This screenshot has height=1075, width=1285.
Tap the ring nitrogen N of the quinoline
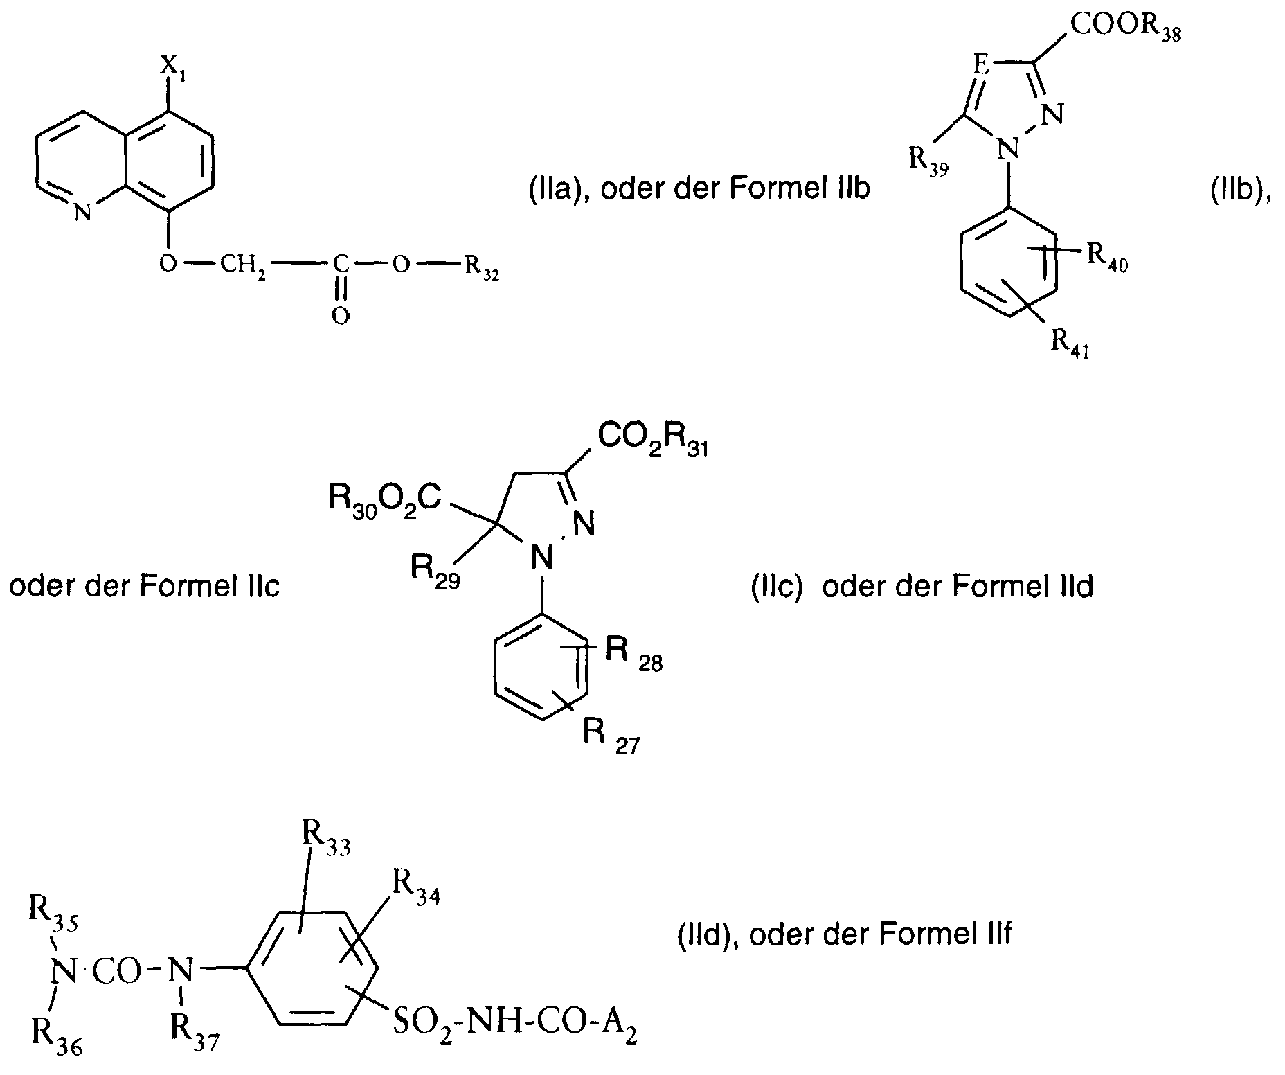tap(82, 213)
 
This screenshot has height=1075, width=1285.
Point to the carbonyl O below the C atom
tap(339, 316)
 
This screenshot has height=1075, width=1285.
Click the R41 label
tap(1070, 344)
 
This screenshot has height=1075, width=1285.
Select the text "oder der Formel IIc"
tap(145, 586)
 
